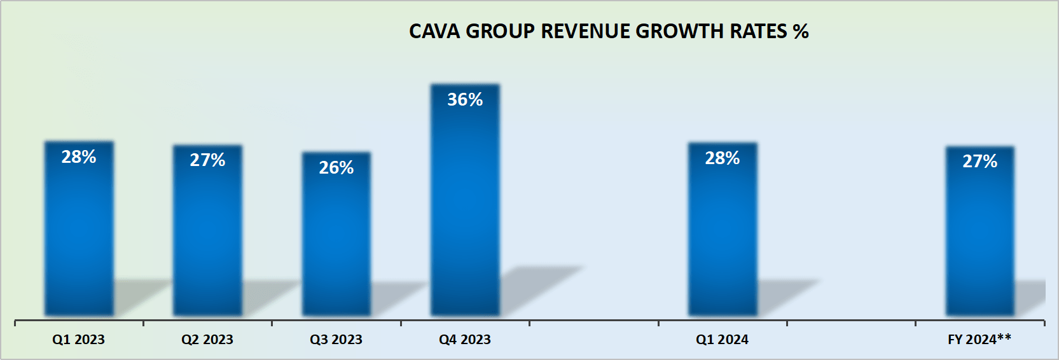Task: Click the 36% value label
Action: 465,100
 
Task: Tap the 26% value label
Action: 336,168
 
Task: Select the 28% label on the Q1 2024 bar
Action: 723,158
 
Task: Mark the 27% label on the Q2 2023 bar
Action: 207,160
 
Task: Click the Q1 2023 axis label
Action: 78,340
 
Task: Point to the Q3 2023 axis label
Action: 336,340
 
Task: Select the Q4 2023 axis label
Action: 465,340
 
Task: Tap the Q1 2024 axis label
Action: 722,340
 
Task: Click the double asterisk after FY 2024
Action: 1004,337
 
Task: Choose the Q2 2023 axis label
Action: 207,340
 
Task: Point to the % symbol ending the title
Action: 801,31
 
